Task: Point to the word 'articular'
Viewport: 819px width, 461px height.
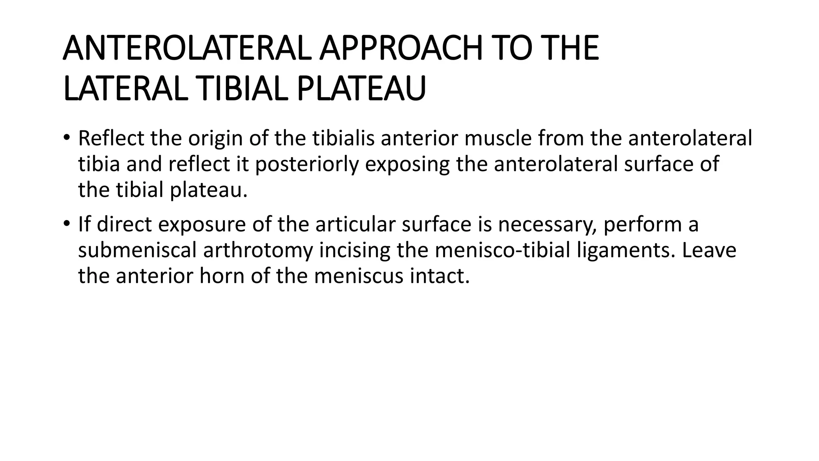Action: pos(356,224)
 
